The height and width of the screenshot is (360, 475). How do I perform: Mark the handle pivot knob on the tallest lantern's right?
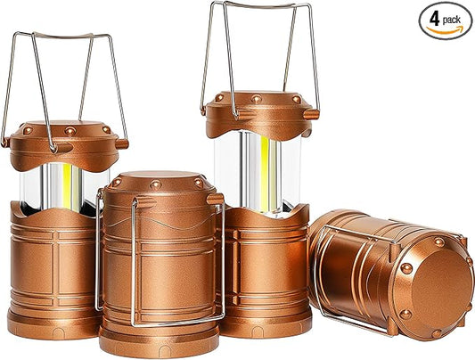click(312, 113)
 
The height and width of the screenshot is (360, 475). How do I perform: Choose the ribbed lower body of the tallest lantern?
click(263, 267)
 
